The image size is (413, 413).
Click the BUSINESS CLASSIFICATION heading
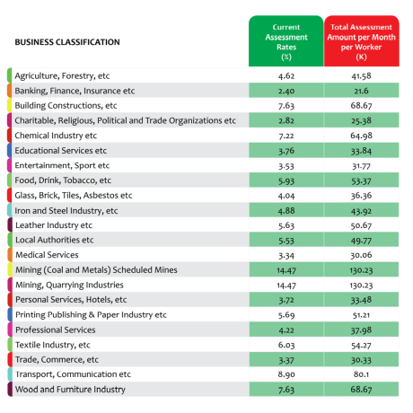pos(67,42)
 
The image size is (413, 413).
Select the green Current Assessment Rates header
pos(286,41)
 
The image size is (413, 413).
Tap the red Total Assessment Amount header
pos(361,41)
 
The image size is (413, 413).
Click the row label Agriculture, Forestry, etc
pos(62,75)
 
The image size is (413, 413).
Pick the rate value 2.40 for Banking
pos(286,91)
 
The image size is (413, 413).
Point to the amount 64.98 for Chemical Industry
pos(361,136)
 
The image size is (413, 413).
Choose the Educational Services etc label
pos(61,150)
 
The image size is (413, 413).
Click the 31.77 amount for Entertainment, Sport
pos(361,166)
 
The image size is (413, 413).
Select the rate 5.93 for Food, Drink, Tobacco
pos(286,180)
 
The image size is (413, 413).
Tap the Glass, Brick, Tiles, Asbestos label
pos(74,196)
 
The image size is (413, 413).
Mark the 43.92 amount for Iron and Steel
pos(361,211)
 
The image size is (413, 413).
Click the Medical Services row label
pos(47,255)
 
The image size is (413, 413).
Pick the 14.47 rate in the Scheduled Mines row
pos(286,270)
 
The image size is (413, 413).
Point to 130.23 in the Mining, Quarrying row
pos(361,286)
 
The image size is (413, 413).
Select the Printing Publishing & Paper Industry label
pos(91,315)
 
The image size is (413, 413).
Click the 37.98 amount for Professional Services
pos(361,330)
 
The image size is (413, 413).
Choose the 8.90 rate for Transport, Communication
pos(286,374)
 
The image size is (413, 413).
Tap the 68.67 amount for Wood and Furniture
pos(361,390)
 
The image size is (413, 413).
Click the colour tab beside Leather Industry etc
pos(10,225)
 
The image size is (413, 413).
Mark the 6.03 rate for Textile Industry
pos(286,345)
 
